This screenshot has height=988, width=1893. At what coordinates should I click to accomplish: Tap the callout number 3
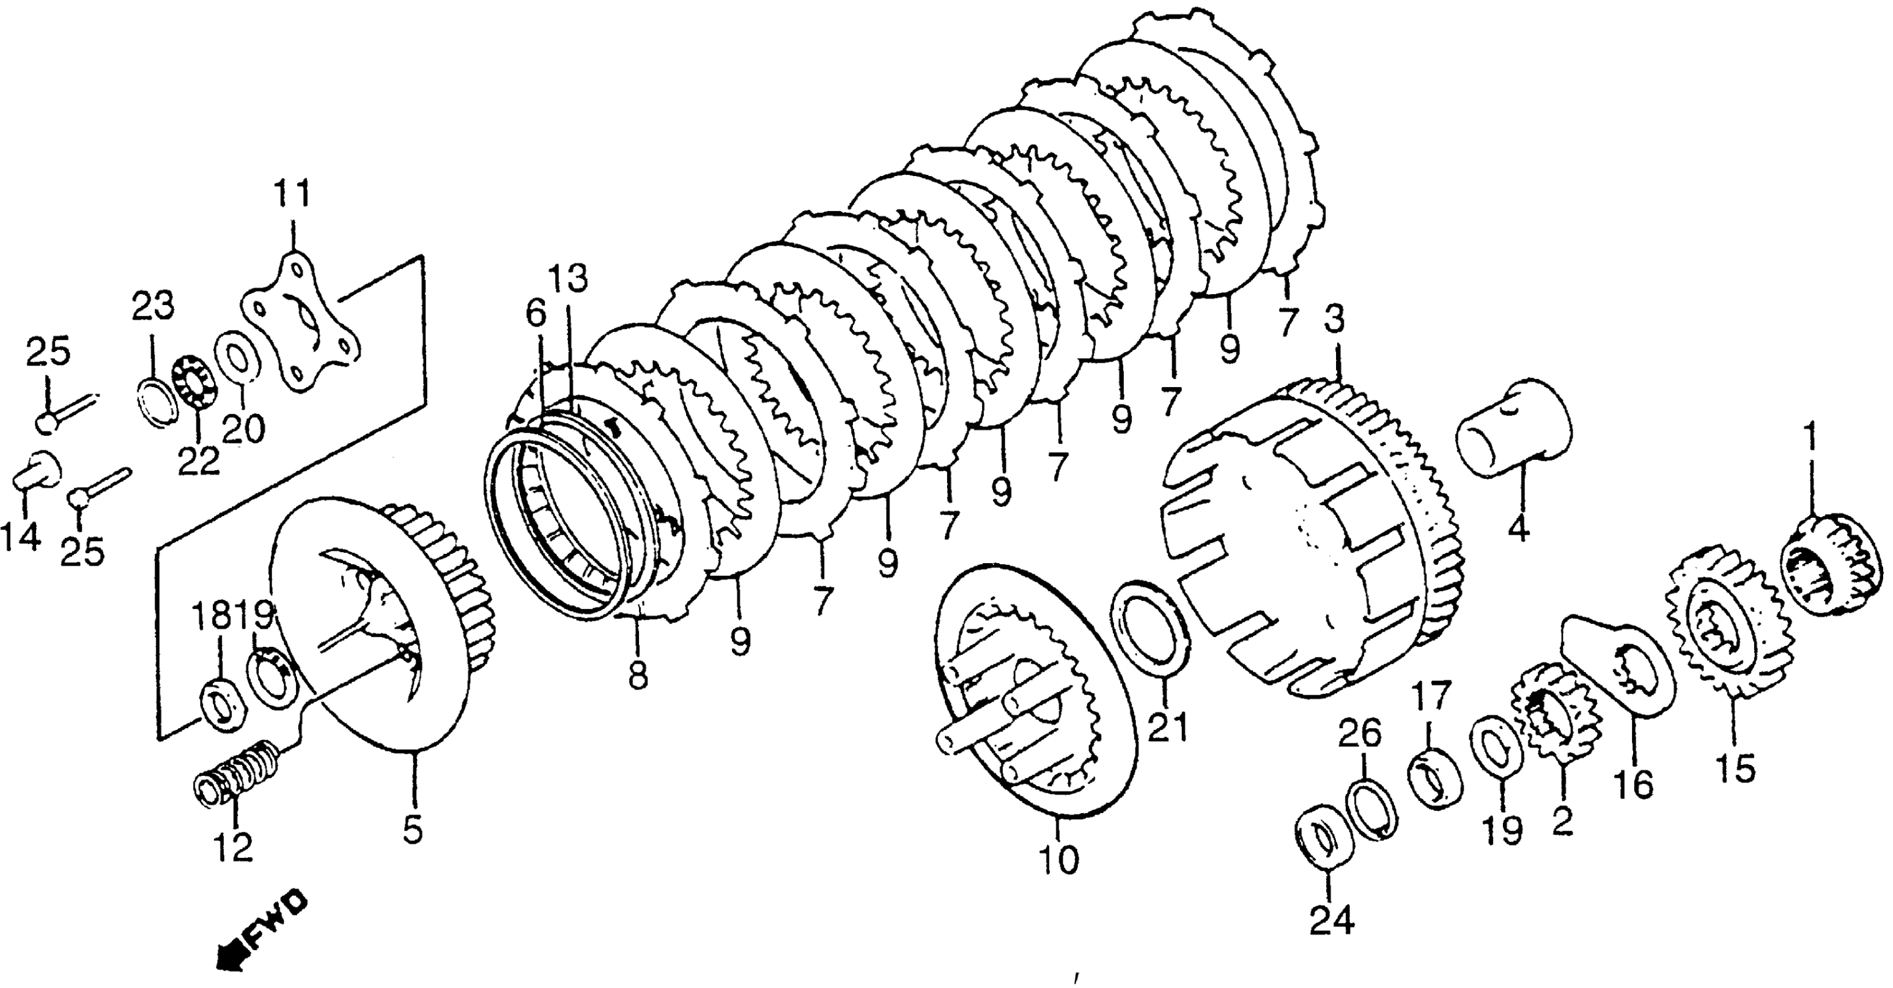coord(1334,320)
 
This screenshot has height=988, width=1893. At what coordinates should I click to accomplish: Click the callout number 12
coord(234,847)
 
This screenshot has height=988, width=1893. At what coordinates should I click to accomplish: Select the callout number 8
coord(638,676)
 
